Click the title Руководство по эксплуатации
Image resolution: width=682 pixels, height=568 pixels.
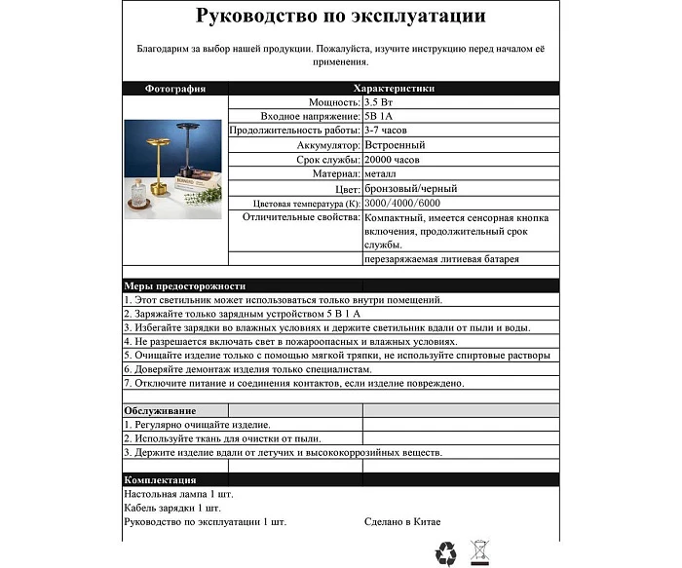click(341, 17)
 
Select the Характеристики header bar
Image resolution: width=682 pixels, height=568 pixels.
click(394, 88)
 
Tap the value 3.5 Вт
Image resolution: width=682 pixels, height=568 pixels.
click(381, 101)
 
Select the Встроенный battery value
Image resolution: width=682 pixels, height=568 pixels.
click(394, 145)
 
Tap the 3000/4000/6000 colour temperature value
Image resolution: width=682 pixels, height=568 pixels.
click(400, 203)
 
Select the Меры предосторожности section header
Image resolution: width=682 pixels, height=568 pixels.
click(184, 285)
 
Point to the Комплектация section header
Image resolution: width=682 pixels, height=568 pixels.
click(160, 480)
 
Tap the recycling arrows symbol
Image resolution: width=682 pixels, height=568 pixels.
click(445, 552)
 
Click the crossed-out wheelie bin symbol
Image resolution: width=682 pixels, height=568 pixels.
click(478, 552)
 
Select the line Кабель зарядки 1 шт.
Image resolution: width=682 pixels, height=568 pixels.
click(173, 508)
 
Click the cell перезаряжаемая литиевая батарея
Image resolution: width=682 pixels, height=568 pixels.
click(441, 259)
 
